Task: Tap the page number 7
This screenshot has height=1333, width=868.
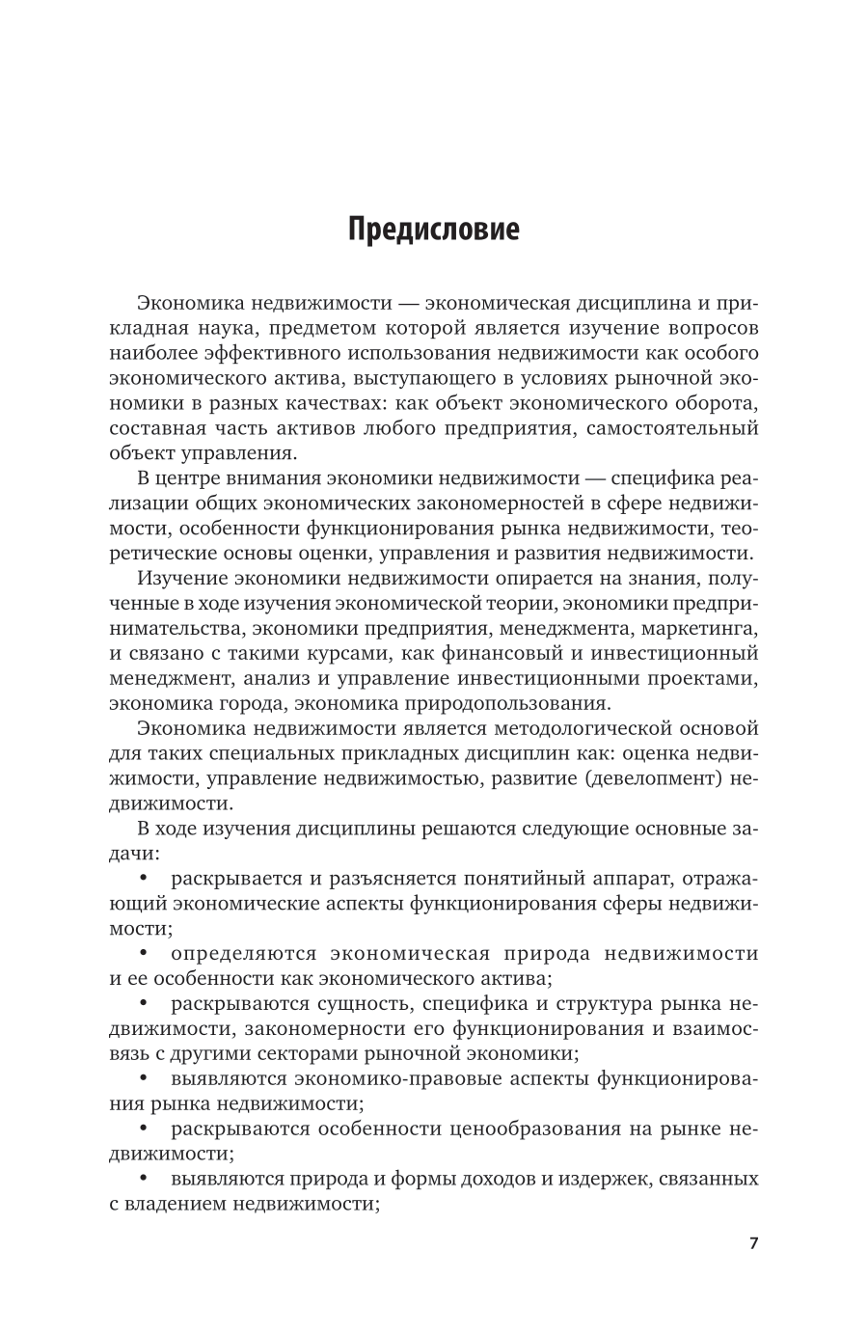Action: point(753,1241)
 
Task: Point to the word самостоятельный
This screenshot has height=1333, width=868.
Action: point(675,428)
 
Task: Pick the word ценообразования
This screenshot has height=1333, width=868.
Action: point(517,1129)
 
